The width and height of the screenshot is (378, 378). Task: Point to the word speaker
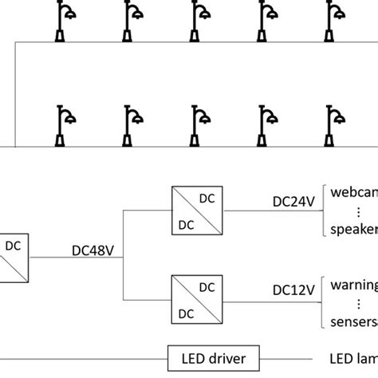354,230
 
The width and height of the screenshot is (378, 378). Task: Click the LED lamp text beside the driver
353,359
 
